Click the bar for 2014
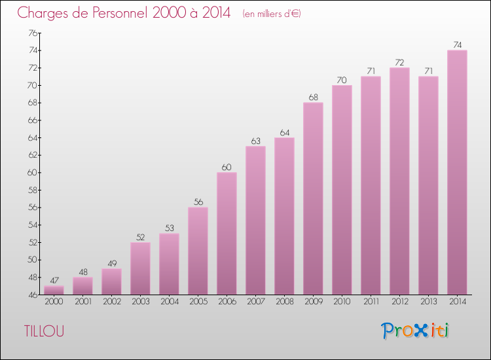(x=457, y=172)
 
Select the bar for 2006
(x=227, y=233)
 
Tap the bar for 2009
(x=313, y=198)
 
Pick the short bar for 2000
(x=54, y=290)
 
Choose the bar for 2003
(x=140, y=268)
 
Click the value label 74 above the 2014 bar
(x=457, y=45)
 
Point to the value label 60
(x=227, y=167)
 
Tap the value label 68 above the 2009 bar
(x=313, y=98)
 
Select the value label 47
(x=54, y=280)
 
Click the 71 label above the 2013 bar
(x=428, y=71)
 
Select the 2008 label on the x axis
(x=284, y=302)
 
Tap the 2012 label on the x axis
(x=399, y=302)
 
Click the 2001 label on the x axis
(x=82, y=302)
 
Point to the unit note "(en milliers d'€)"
(x=271, y=13)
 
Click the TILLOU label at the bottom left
(x=44, y=331)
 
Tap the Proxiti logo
(x=416, y=331)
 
